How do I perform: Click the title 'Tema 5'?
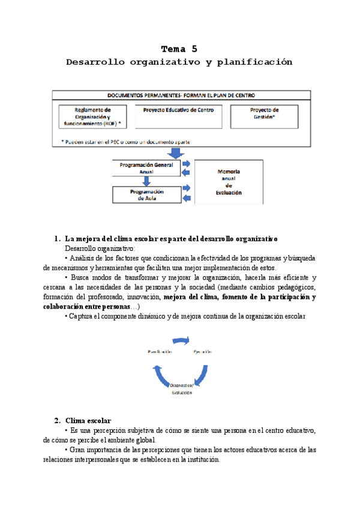coord(179,49)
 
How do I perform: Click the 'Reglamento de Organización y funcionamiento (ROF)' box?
coord(93,116)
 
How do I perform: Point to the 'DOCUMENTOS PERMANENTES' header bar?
coord(181,95)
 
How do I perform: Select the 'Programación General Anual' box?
coord(146,167)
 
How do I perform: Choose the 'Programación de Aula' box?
coord(146,194)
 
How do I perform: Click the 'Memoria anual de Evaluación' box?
coord(229,182)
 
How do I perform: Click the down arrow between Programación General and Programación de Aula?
coord(146,181)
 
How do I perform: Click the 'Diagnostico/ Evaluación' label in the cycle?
coord(181,389)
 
